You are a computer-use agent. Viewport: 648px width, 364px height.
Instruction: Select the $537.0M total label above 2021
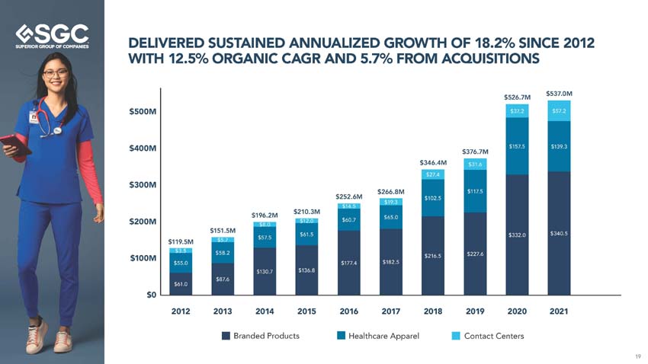click(x=559, y=94)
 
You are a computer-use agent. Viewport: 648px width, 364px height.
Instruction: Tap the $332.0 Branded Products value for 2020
click(x=517, y=235)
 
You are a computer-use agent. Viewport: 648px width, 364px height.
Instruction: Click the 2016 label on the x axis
click(x=348, y=311)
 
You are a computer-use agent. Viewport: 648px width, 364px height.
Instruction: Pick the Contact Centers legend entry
click(x=487, y=336)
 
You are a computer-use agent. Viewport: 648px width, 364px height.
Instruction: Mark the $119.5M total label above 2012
click(x=181, y=241)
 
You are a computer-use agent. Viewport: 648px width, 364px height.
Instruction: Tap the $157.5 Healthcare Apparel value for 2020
click(x=517, y=146)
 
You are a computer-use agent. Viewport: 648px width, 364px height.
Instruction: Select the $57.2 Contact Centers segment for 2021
click(x=559, y=111)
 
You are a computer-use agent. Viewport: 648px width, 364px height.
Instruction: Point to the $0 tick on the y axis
click(x=152, y=295)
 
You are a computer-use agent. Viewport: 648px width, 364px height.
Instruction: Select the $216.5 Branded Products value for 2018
click(x=433, y=257)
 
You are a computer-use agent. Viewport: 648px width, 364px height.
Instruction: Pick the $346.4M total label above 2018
click(x=433, y=162)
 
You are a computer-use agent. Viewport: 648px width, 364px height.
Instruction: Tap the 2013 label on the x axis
click(x=223, y=311)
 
